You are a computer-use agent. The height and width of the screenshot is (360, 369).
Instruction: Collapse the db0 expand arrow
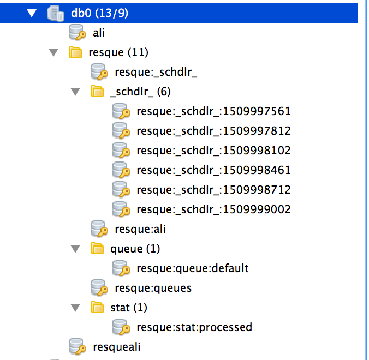(x=31, y=13)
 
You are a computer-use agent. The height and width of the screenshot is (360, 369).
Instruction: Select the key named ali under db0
(x=99, y=33)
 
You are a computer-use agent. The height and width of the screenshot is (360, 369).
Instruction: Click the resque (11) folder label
(x=118, y=52)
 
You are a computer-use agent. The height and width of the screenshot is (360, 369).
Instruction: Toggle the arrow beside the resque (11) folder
(x=53, y=52)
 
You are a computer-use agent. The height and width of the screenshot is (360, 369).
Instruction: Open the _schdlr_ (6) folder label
(x=140, y=92)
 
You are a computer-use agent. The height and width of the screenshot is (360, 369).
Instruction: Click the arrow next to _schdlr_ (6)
(x=75, y=92)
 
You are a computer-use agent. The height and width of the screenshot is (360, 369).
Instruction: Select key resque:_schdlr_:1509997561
(x=213, y=111)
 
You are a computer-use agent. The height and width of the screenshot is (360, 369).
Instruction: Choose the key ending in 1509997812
(x=213, y=131)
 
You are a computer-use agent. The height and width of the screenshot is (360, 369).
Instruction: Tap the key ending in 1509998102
(x=213, y=151)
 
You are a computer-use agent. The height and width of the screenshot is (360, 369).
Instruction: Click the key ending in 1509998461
(x=213, y=170)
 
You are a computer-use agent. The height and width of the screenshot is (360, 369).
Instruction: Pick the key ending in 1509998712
(x=213, y=190)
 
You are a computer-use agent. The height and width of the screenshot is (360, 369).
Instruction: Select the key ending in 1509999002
(x=213, y=209)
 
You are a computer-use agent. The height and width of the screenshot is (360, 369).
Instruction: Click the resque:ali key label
(x=140, y=229)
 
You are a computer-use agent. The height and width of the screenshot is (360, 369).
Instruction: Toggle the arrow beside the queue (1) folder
(x=75, y=249)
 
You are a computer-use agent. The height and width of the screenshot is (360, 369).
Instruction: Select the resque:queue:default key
(x=192, y=268)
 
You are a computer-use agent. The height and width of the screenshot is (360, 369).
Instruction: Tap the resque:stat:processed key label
(x=194, y=327)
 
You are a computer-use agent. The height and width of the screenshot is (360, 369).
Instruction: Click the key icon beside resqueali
(x=77, y=346)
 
